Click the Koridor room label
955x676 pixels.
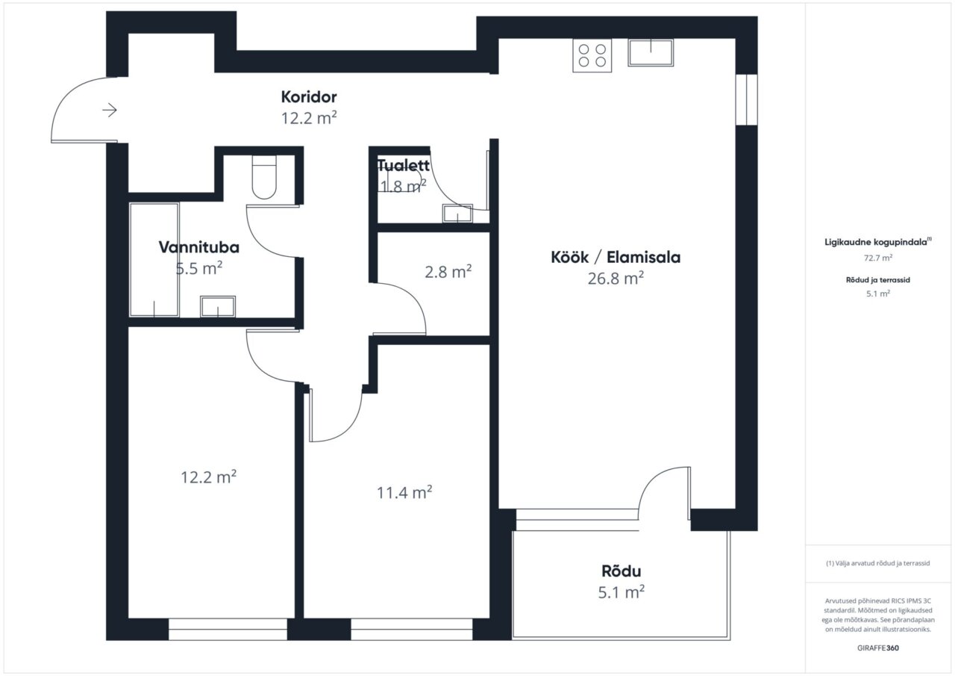(309, 97)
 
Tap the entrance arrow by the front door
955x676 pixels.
(110, 110)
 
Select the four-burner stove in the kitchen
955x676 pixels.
(592, 55)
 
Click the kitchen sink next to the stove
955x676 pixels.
(651, 52)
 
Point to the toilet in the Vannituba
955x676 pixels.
(264, 177)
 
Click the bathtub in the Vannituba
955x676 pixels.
(154, 260)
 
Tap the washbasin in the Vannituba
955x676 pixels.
(218, 306)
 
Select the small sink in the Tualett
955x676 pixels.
(457, 214)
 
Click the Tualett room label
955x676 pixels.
(404, 165)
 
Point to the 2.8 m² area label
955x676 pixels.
(448, 271)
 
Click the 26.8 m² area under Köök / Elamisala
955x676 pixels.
(616, 279)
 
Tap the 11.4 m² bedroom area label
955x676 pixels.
(404, 492)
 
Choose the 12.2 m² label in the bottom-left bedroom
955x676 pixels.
(208, 477)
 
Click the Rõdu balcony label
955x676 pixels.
(621, 571)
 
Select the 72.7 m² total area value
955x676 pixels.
(878, 258)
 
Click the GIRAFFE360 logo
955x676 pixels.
(878, 648)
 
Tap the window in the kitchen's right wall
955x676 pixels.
(747, 100)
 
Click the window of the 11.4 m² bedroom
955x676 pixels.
(411, 629)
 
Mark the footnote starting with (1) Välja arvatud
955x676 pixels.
(878, 563)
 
